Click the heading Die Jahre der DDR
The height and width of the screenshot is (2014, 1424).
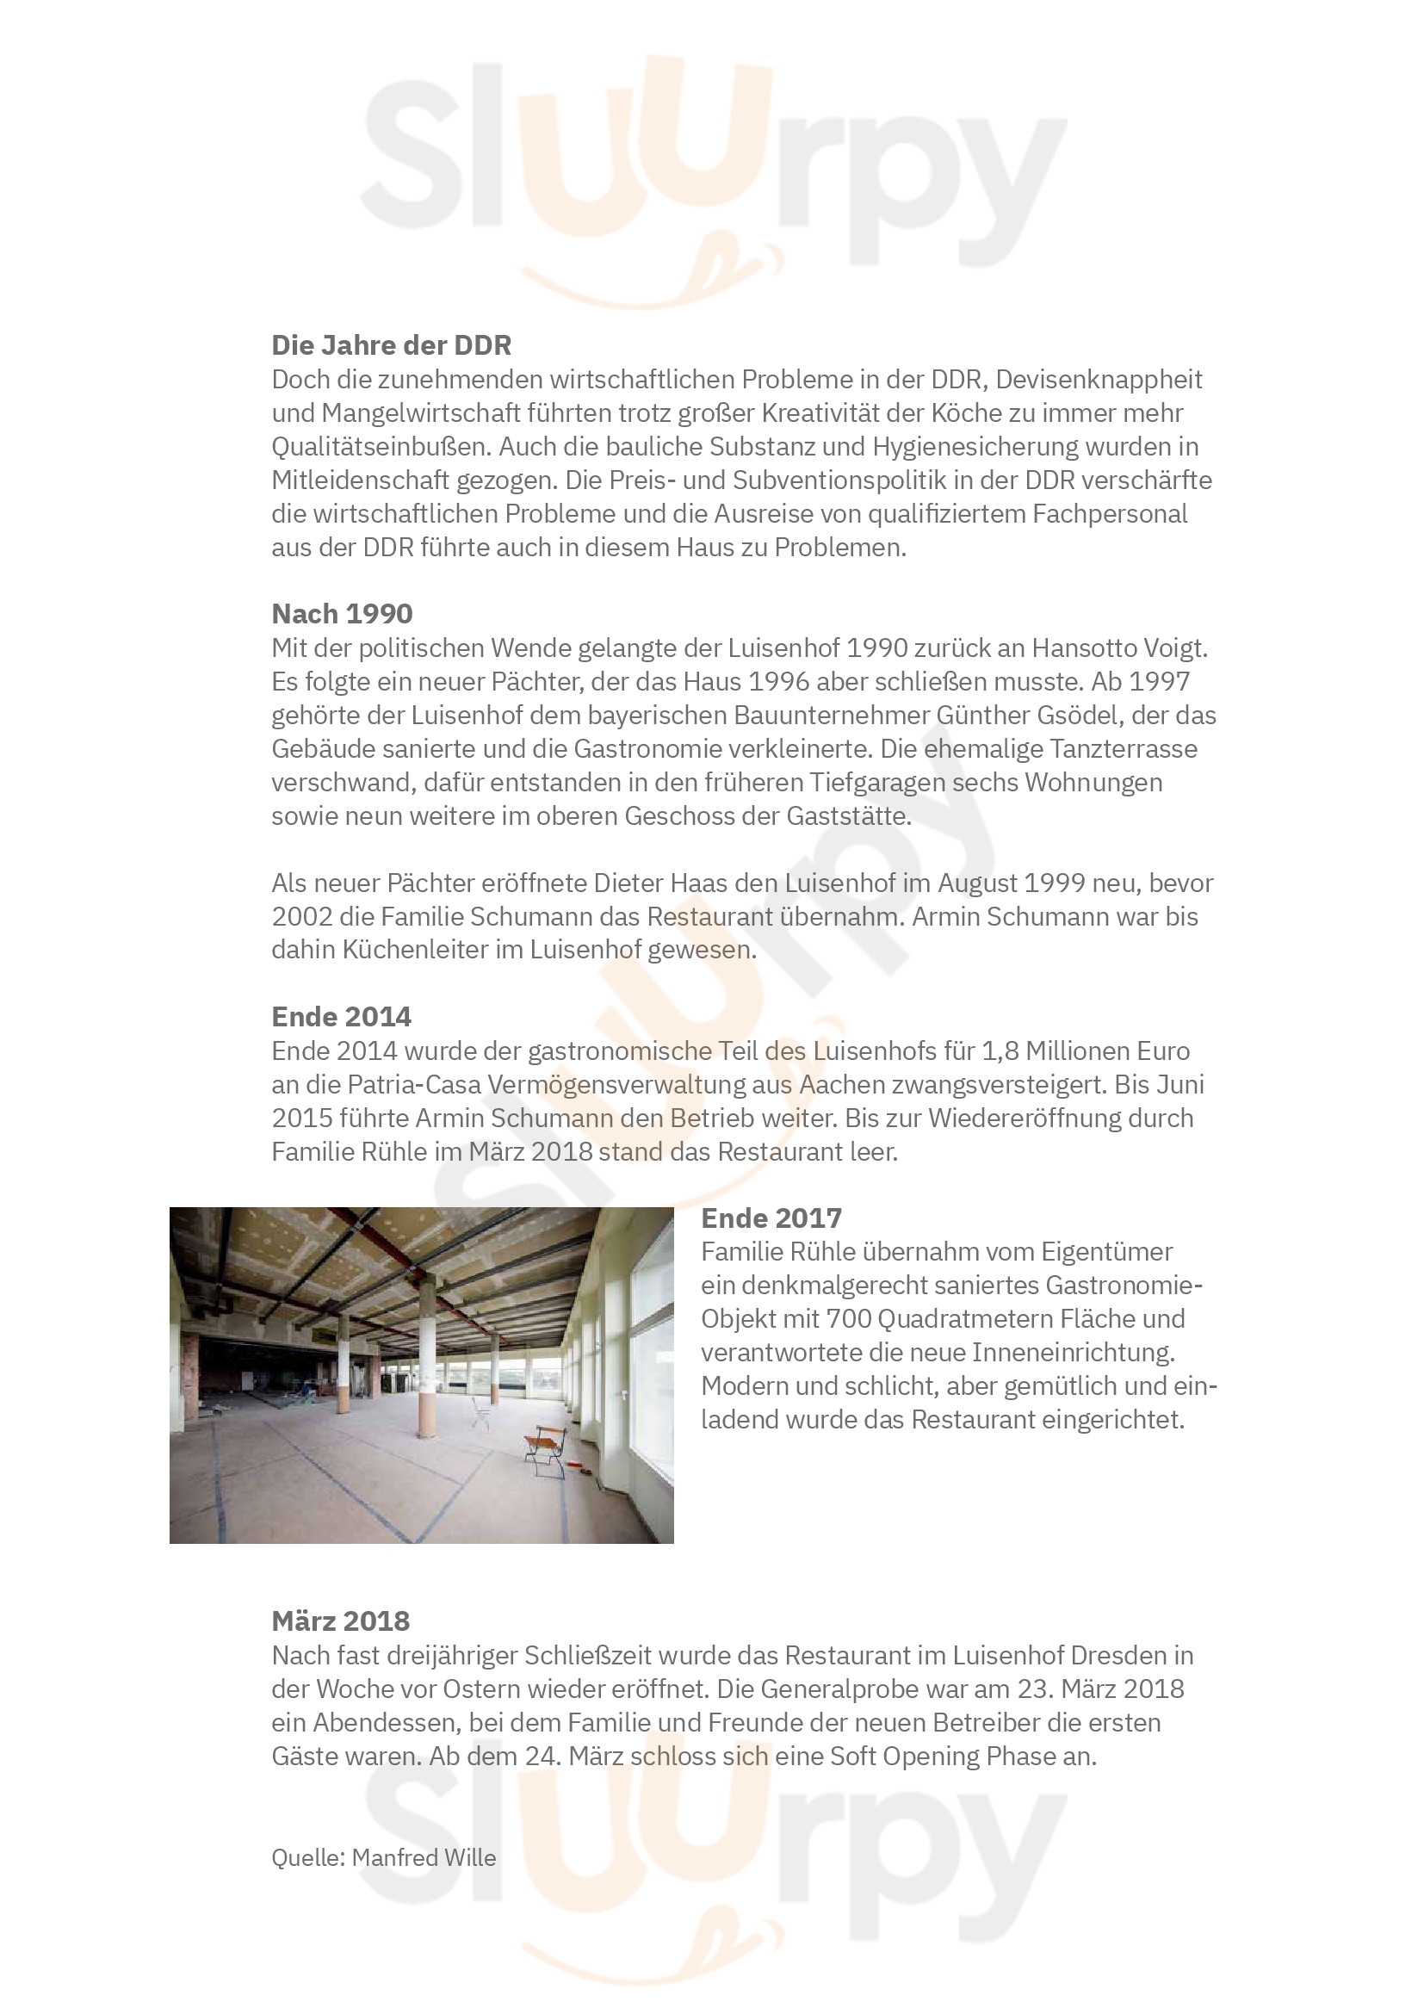[x=391, y=344]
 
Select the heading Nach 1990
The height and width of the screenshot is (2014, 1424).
[x=342, y=613]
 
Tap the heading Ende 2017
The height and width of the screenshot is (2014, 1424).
[x=771, y=1218]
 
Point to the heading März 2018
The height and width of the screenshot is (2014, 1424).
[x=340, y=1620]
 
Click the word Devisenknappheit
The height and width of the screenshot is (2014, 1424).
[x=1099, y=379]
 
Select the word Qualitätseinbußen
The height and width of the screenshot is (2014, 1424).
[x=381, y=447]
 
